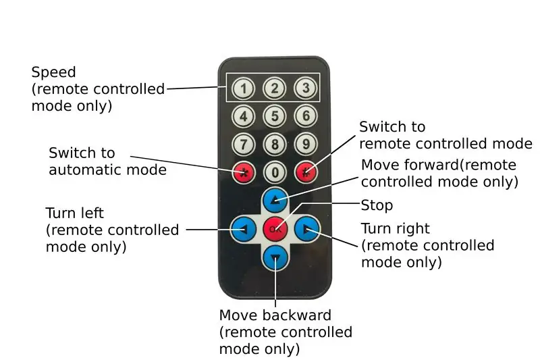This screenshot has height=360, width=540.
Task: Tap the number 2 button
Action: (274, 88)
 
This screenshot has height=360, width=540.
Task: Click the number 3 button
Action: (306, 88)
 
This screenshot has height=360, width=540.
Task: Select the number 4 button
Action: (244, 116)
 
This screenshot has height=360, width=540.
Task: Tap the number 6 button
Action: (306, 115)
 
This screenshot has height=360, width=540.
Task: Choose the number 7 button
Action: (244, 145)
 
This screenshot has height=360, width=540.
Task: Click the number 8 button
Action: (275, 145)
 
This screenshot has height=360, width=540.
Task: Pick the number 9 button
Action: (306, 144)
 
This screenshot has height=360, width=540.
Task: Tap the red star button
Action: (244, 172)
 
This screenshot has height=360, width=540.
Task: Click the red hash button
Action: (306, 172)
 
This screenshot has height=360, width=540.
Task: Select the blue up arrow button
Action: (275, 200)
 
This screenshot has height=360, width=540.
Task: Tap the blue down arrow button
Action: (275, 258)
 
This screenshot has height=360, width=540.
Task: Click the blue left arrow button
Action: (244, 229)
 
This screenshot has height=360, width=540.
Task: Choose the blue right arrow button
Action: (307, 228)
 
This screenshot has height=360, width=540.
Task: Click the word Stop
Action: (377, 205)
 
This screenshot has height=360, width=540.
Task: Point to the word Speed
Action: (54, 72)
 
